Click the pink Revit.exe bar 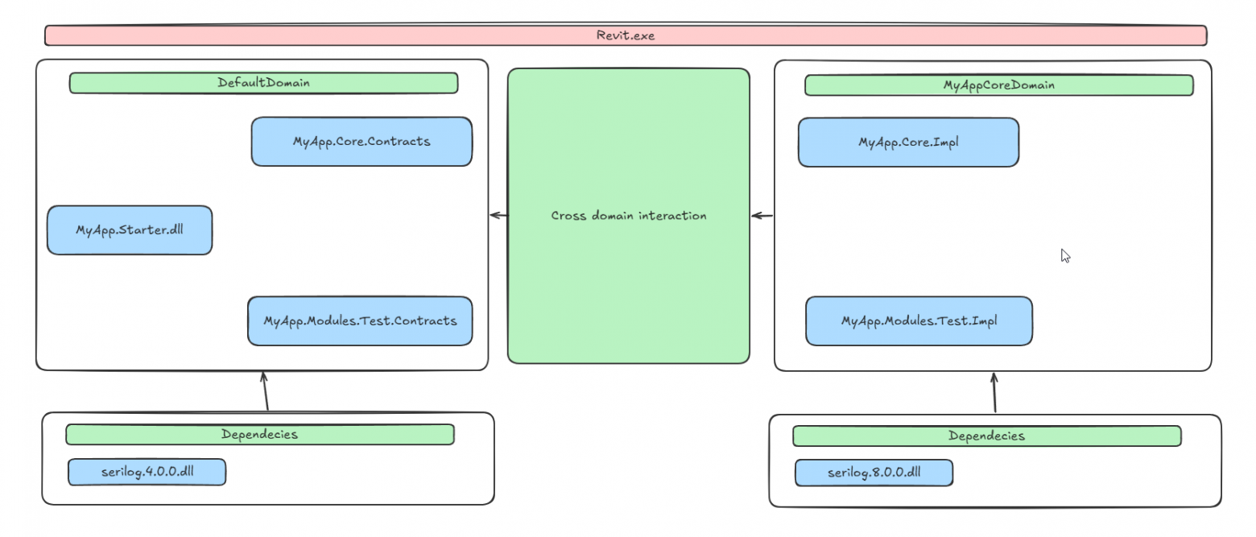coord(626,35)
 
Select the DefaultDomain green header coord(263,83)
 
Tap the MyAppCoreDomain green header coord(998,85)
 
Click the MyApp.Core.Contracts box coord(362,142)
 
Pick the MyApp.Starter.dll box coord(130,230)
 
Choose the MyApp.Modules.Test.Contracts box coord(360,321)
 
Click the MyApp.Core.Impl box coord(908,143)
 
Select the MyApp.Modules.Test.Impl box coord(919,321)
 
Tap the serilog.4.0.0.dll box coord(147,473)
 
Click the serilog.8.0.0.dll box coord(874,473)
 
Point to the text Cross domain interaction coord(629,216)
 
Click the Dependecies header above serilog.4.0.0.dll coord(259,435)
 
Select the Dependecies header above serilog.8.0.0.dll coord(986,436)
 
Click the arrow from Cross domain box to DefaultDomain coord(499,215)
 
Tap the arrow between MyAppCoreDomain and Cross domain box coord(762,215)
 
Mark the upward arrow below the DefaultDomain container coord(265,391)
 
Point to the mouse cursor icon coord(1065,256)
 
